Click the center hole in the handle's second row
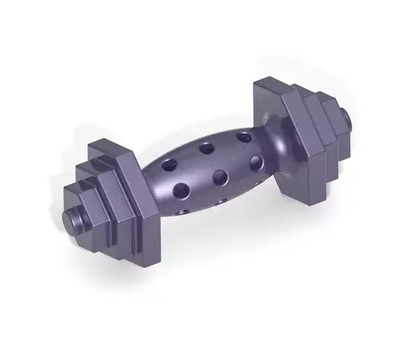(220, 177)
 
